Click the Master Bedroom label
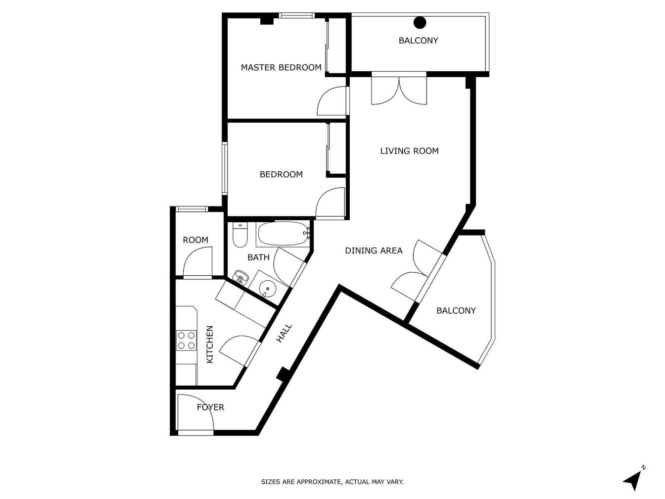(281, 67)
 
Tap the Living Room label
(409, 151)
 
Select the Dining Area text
(374, 250)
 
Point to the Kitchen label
(210, 344)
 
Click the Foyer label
(211, 407)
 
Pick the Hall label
(284, 334)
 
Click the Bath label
(258, 257)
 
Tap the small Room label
(195, 240)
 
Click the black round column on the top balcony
(420, 22)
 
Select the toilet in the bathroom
(240, 235)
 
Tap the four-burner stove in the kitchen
(187, 340)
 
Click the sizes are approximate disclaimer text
(332, 482)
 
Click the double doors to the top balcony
(399, 90)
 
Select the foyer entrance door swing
(196, 412)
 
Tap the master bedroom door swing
(332, 101)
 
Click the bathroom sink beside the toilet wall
(241, 277)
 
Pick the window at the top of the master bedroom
(297, 15)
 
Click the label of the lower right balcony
(456, 310)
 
